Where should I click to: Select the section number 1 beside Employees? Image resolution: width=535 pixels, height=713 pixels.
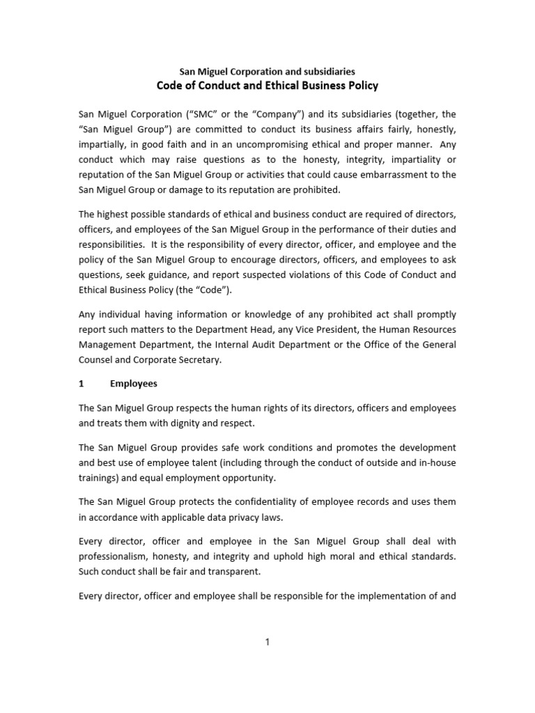(x=82, y=384)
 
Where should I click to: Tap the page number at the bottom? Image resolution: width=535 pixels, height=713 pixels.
(x=267, y=643)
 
